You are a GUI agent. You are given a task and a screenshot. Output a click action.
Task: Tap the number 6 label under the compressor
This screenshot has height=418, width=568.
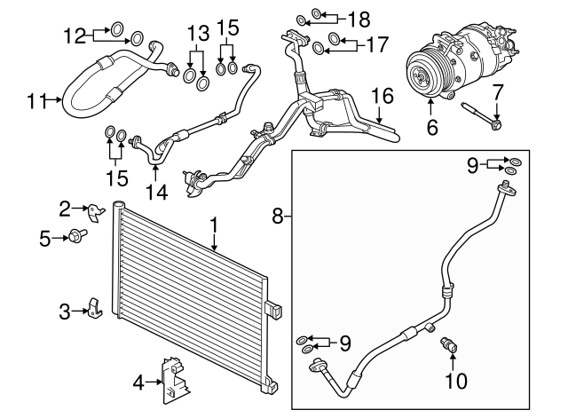432,128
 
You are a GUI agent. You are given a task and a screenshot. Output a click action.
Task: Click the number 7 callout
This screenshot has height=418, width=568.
497,91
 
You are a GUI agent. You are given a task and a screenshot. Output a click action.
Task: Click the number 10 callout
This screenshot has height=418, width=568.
454,382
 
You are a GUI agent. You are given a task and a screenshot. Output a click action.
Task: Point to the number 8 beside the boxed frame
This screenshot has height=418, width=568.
277,216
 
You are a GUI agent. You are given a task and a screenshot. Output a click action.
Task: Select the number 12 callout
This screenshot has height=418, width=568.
75,35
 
